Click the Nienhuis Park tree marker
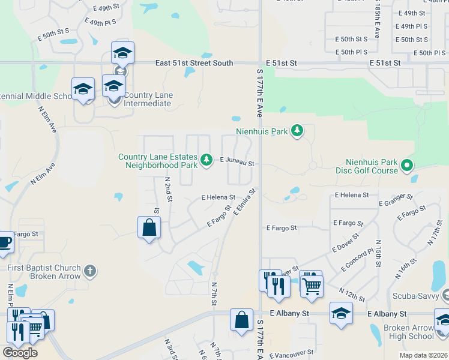pyautogui.click(x=296, y=130)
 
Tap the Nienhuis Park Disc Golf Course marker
pyautogui.click(x=407, y=164)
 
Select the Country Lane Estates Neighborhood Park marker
pyautogui.click(x=206, y=160)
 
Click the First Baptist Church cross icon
pyautogui.click(x=90, y=271)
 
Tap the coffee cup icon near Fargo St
pyautogui.click(x=4, y=242)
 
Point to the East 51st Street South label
pyautogui.click(x=194, y=63)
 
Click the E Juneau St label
pyautogui.click(x=237, y=163)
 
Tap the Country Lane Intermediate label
pyautogui.click(x=148, y=99)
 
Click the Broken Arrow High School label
pyautogui.click(x=408, y=332)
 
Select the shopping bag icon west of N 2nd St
pyautogui.click(x=149, y=227)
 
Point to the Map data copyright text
pyautogui.click(x=423, y=355)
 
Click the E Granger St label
pyautogui.click(x=396, y=200)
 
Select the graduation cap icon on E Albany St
pyautogui.click(x=341, y=313)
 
